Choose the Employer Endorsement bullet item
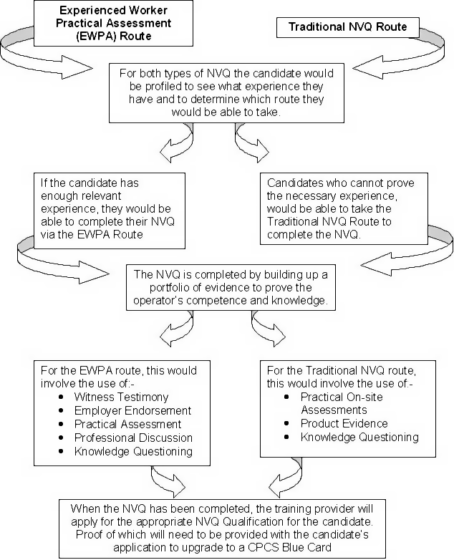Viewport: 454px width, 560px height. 132,410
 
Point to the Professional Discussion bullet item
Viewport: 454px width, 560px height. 133,438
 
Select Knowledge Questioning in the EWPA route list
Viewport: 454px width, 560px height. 133,451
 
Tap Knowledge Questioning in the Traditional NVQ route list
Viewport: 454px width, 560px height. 359,437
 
